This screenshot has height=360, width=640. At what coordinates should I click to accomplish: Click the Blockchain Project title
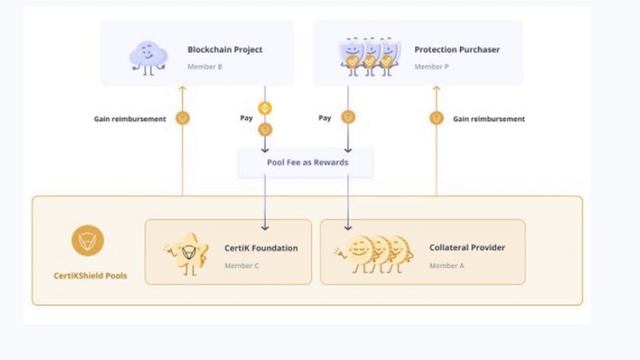(225, 49)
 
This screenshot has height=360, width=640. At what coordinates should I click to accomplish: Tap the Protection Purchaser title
(457, 49)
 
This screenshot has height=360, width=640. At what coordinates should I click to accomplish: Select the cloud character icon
(148, 57)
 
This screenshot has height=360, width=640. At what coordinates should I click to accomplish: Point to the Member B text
(205, 67)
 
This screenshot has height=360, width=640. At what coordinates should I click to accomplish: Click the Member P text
(432, 67)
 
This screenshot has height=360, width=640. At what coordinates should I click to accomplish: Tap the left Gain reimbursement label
(130, 118)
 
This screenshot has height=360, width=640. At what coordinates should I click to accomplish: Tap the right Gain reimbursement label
(488, 118)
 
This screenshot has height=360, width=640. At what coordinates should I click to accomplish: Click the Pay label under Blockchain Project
(246, 118)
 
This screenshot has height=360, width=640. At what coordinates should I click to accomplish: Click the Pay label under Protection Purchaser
(325, 118)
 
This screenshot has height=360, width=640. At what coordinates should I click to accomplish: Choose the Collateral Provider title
(467, 248)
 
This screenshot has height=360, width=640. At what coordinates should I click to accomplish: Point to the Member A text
(446, 266)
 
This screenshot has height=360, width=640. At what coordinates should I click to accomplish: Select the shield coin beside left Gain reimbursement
(182, 117)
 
